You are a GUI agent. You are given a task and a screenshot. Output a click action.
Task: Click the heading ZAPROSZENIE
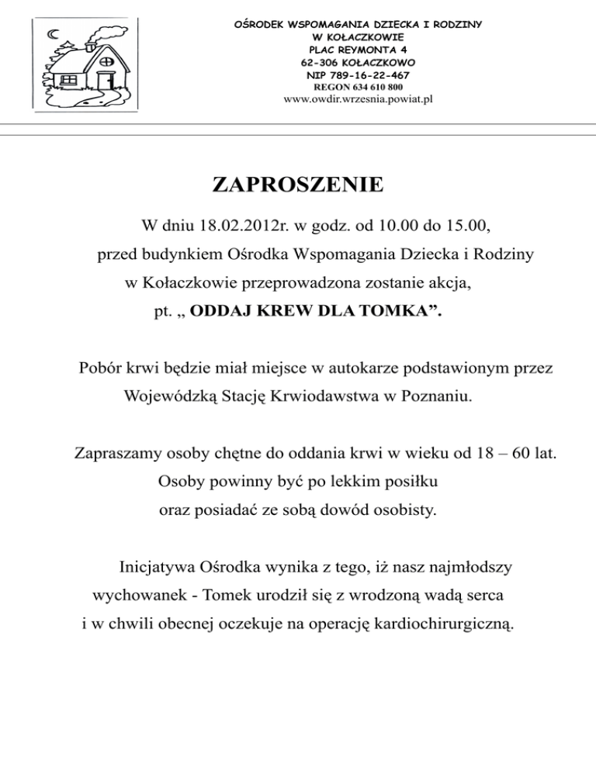(297, 185)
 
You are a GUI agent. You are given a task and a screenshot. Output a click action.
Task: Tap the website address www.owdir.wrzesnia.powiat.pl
(358, 99)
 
